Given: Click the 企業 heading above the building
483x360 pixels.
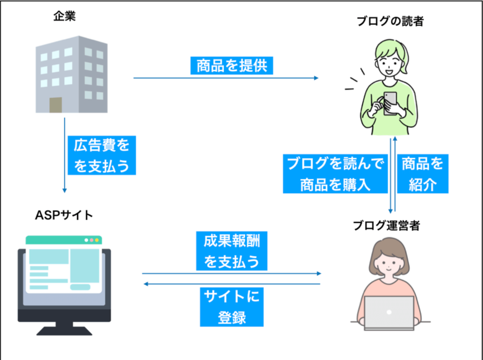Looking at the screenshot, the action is point(64,16).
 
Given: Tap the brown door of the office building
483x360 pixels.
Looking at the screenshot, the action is point(56,105).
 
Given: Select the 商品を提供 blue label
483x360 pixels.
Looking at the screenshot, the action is point(232,66).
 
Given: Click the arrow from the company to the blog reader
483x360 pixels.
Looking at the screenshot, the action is point(226,78).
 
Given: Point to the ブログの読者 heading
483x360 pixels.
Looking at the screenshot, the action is point(390,21).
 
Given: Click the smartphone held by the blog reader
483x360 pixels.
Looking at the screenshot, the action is point(390,103).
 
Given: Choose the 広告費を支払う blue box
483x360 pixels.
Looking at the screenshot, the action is point(102,155).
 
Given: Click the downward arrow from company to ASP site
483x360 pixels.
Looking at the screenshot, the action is point(65,155).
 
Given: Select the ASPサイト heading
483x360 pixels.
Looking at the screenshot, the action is point(64,215).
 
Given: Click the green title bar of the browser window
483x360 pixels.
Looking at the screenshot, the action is point(64,240).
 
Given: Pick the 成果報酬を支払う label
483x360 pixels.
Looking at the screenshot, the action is point(232,251).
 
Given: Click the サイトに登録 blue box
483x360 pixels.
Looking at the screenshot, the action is point(232,307).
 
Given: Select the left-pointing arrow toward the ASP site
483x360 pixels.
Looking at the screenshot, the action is point(232,284).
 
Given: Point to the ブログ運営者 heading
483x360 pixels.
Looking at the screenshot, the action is point(386,226).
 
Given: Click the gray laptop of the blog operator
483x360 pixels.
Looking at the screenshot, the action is point(389,313).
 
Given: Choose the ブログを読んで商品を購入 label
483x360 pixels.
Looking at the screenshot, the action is point(335,174).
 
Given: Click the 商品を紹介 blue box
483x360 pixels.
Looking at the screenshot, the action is point(423,174).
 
